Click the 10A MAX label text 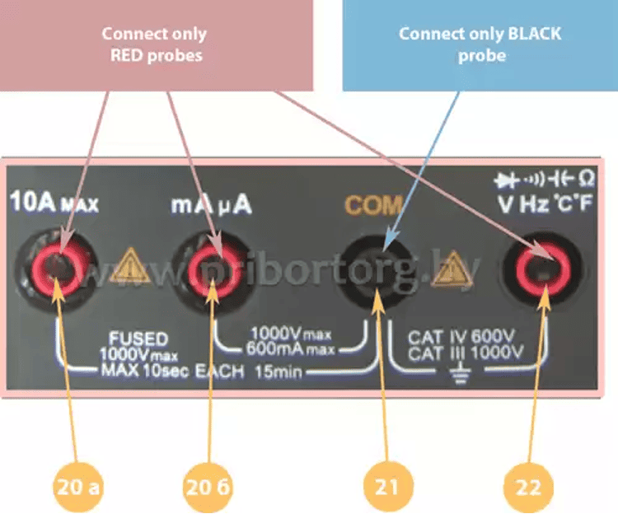pos(54,203)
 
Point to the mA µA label pos(211,203)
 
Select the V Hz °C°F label pos(543,203)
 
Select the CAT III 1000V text pos(466,353)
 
